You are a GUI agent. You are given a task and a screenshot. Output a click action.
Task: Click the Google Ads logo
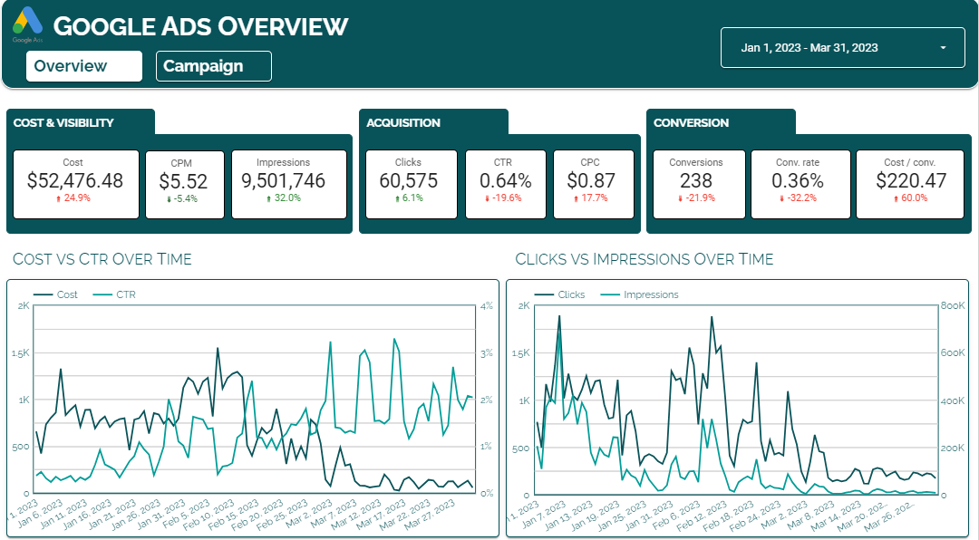[27, 24]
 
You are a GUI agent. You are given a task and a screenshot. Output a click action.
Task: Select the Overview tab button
[84, 66]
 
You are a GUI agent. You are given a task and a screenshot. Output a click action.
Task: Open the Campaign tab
[214, 66]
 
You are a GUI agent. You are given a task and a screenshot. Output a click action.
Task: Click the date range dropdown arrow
[943, 48]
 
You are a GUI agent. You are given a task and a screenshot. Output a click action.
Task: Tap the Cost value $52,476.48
[75, 180]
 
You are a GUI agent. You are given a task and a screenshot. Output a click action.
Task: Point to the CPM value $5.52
[183, 181]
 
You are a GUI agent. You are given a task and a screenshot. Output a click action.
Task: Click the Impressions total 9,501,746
[284, 180]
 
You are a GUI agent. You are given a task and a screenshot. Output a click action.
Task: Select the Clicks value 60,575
[408, 180]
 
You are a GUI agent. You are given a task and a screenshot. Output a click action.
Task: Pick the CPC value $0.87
[591, 180]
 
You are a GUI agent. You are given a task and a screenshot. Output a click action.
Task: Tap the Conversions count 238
[696, 180]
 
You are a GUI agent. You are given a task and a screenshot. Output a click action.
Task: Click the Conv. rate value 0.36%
[798, 180]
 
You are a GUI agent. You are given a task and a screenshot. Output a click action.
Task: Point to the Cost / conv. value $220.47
[911, 180]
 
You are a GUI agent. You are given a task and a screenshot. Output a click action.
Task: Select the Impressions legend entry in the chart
[639, 294]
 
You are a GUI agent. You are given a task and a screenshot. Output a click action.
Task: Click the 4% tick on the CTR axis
[487, 306]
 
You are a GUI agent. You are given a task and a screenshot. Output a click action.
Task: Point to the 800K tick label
[952, 306]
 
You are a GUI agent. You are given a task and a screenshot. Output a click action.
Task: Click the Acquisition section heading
[403, 123]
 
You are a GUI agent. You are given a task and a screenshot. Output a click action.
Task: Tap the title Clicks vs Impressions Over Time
[645, 259]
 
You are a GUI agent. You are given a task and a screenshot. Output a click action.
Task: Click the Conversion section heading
[691, 123]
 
